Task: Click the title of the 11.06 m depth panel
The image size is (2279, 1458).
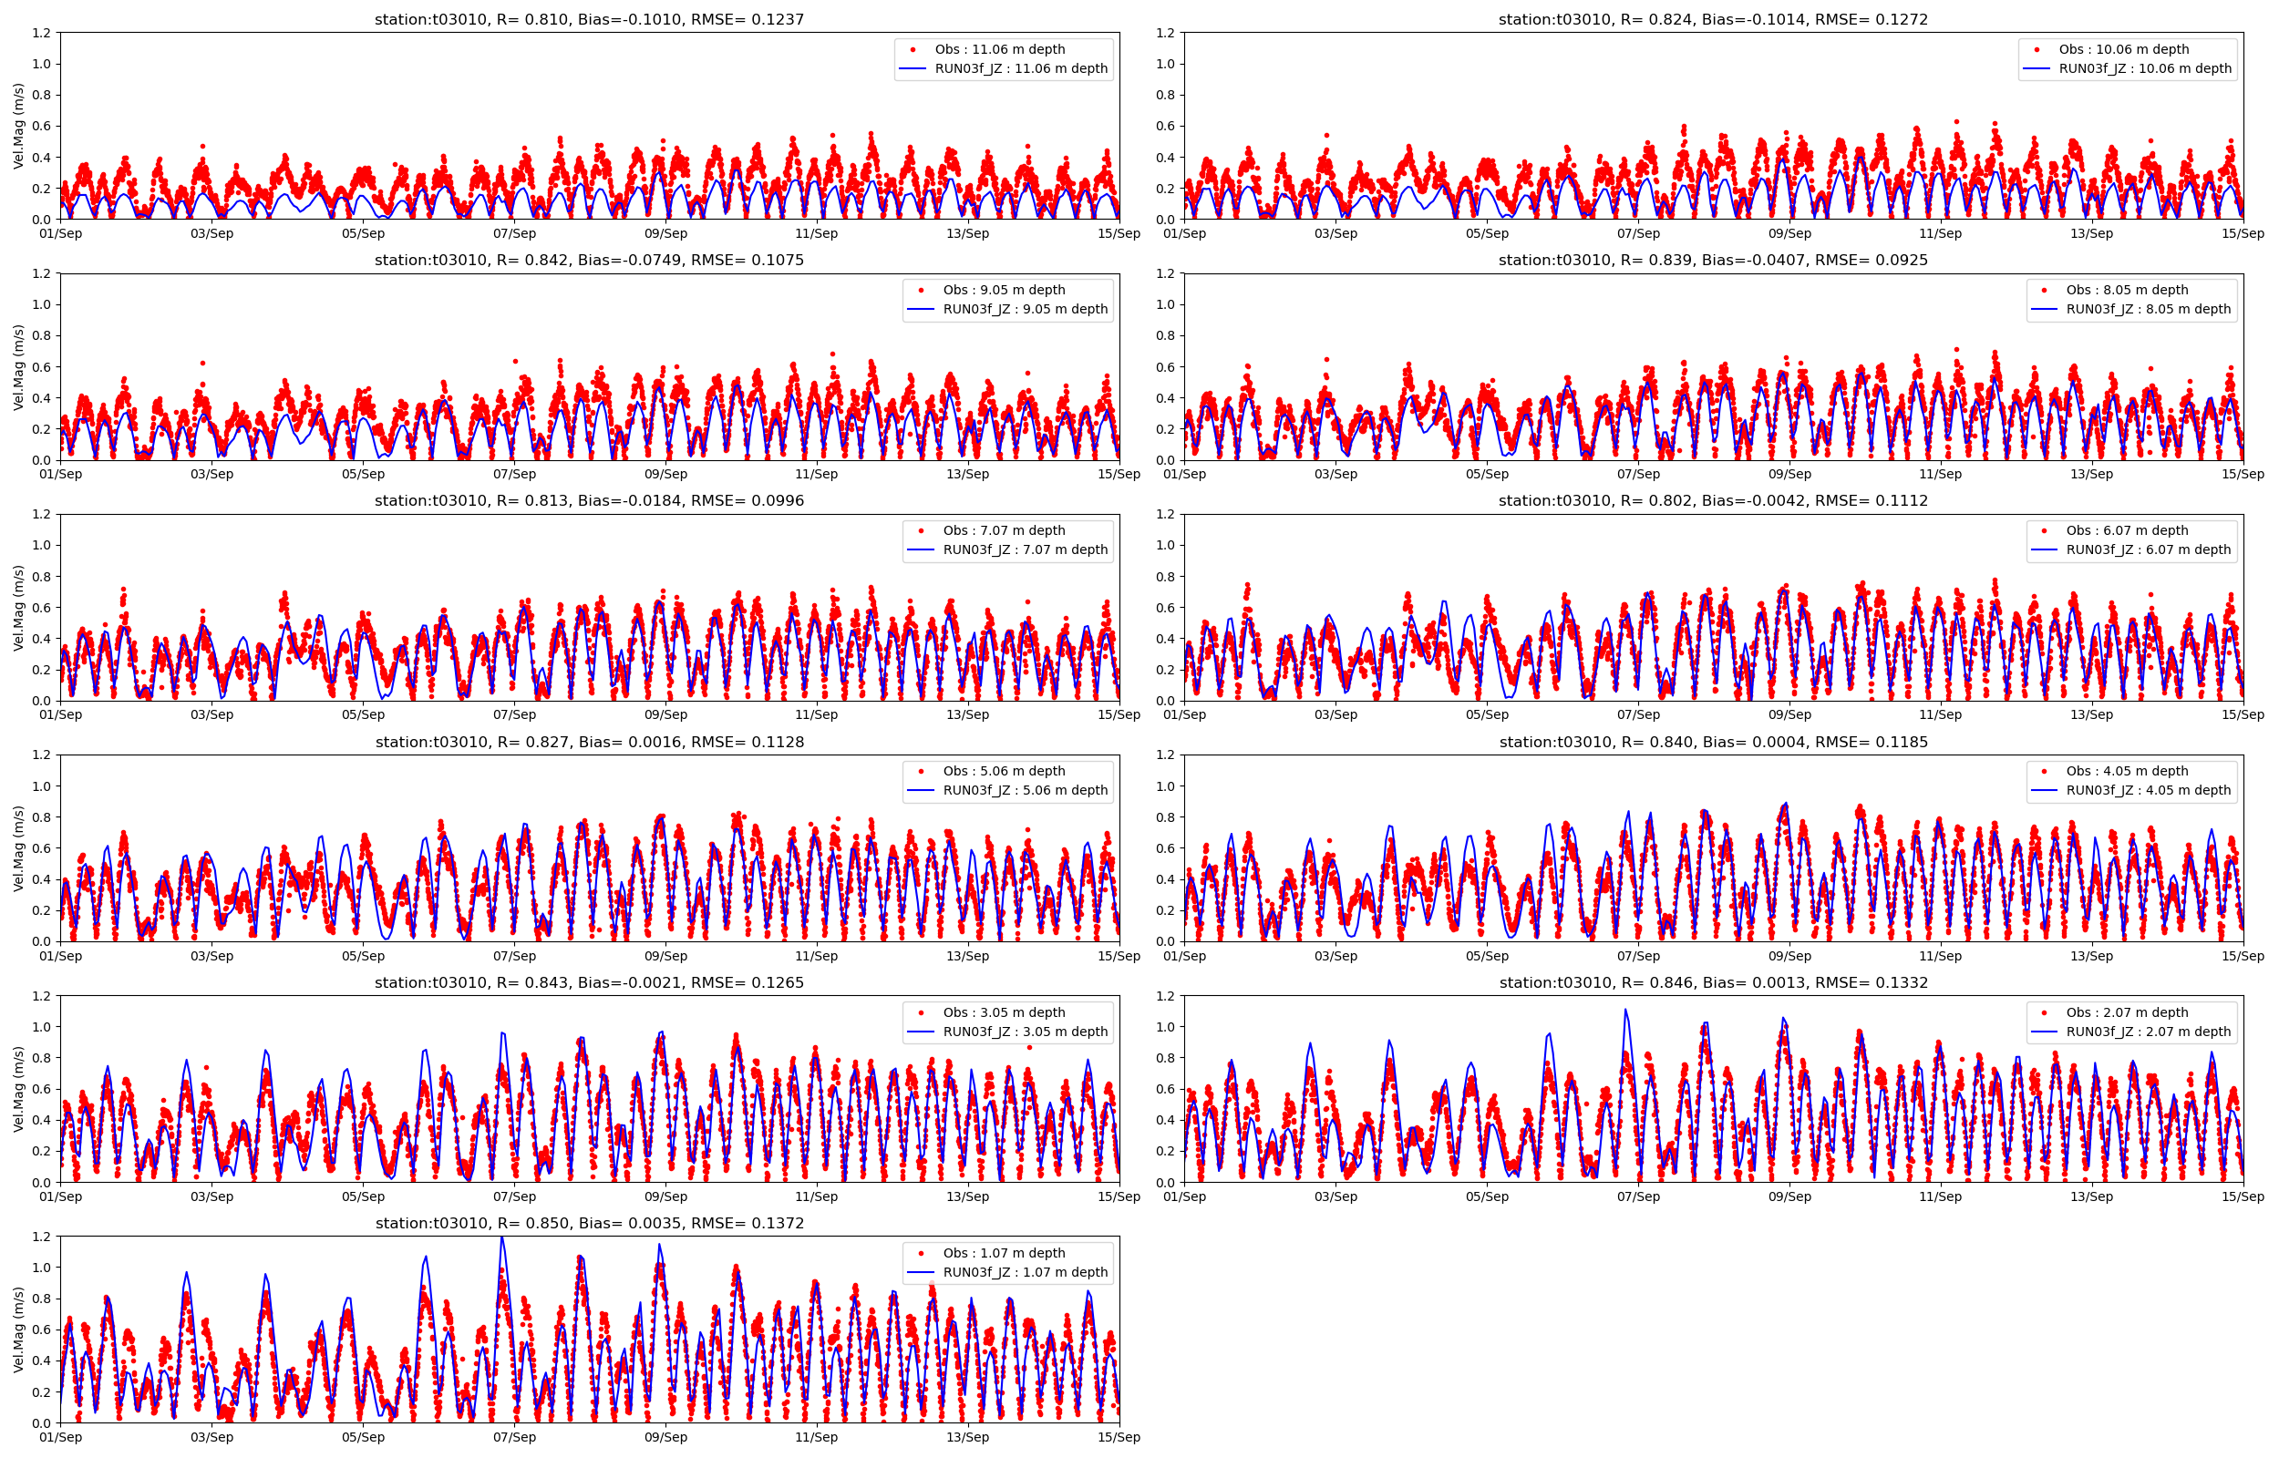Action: point(589,19)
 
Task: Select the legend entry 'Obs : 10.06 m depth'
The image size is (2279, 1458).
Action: point(2124,49)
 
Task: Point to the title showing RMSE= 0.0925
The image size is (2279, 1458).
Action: point(1713,260)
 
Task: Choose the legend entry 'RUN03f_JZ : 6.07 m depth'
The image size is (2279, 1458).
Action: point(2149,549)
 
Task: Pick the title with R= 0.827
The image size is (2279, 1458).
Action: point(589,742)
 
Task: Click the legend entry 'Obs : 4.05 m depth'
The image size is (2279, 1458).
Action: point(2128,771)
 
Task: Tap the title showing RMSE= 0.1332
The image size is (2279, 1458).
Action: point(1713,981)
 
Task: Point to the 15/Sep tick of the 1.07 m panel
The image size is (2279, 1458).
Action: point(1119,1437)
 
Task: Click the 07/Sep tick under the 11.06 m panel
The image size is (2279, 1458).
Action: point(514,233)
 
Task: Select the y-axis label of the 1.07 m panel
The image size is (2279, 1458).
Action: point(19,1330)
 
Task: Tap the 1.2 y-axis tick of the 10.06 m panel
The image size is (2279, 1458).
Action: point(1166,33)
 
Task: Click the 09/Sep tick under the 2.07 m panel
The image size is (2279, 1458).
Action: point(1789,1196)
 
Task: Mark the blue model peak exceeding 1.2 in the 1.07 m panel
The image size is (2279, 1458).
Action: point(501,1238)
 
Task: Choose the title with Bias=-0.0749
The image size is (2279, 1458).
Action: point(589,260)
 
